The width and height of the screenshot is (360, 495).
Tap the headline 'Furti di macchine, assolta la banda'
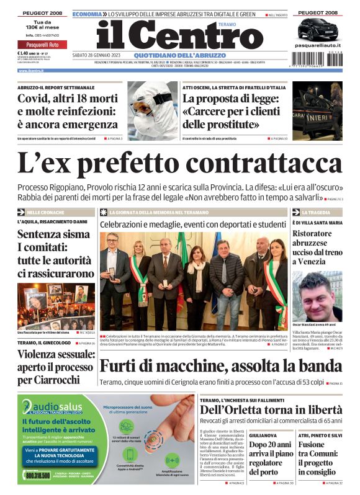(221, 367)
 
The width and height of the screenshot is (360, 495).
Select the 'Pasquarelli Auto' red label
(42, 45)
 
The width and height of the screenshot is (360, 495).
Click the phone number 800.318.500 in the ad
(38, 475)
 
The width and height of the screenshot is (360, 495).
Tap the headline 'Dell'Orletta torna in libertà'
(271, 409)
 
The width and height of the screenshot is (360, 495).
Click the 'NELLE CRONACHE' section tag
(47, 212)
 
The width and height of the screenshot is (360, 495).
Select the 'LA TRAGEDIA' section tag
(316, 212)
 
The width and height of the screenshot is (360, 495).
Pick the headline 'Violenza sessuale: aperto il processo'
(56, 366)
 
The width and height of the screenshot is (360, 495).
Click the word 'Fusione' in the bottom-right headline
(312, 445)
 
